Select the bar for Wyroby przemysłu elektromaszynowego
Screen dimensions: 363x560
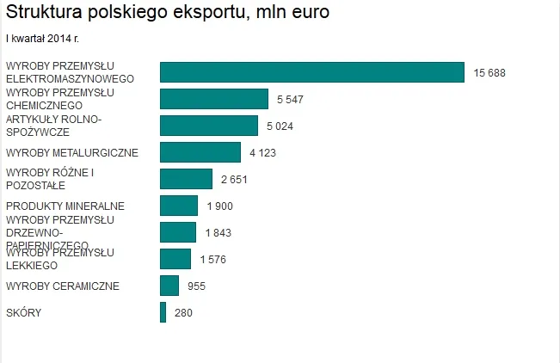click(x=311, y=72)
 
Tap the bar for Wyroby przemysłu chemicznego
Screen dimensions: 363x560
click(x=214, y=99)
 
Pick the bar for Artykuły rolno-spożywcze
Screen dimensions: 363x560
click(x=209, y=126)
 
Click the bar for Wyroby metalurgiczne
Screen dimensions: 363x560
click(x=200, y=152)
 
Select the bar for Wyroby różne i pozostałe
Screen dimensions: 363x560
click(x=186, y=179)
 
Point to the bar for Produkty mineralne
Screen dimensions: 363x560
click(x=179, y=206)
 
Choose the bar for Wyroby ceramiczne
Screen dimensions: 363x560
click(x=169, y=286)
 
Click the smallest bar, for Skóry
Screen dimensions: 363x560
click(x=163, y=312)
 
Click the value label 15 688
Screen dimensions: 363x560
click(x=489, y=73)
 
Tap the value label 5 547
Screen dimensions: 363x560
click(x=290, y=100)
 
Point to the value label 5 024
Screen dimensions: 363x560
click(x=280, y=126)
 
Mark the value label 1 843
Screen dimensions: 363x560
click(x=218, y=233)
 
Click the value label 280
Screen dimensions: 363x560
click(x=183, y=313)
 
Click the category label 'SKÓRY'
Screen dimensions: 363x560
click(x=23, y=313)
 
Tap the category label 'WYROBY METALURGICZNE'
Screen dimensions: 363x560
click(x=71, y=153)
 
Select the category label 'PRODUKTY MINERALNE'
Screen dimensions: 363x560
click(x=65, y=206)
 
